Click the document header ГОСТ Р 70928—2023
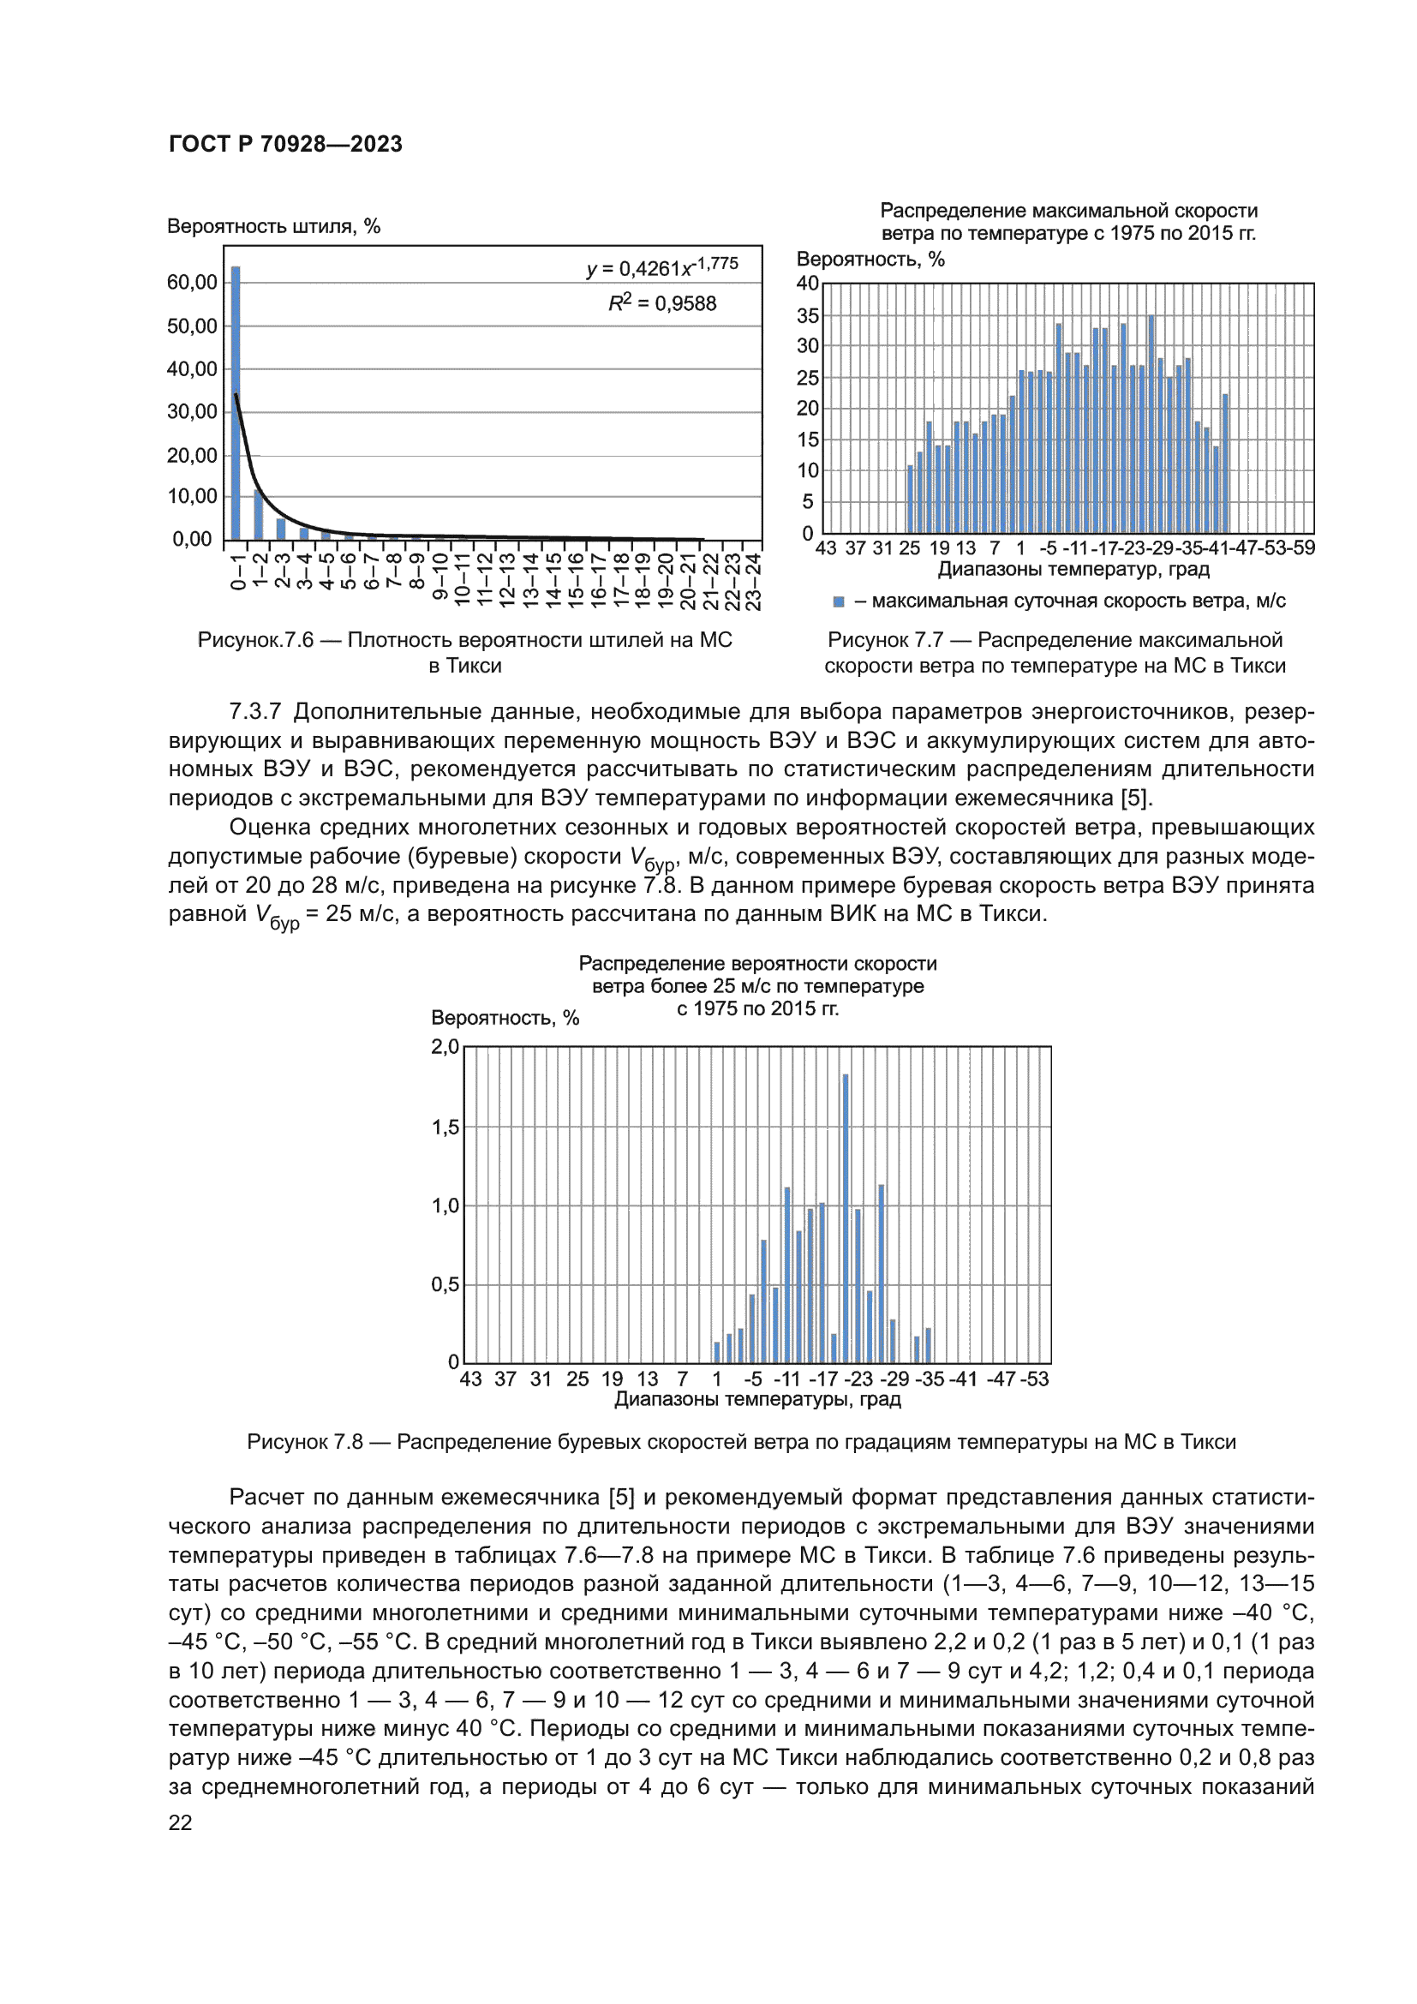(x=285, y=144)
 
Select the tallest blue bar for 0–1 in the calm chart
(x=236, y=402)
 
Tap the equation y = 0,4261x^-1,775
(x=662, y=267)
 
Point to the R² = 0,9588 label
(x=662, y=302)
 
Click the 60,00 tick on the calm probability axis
(x=192, y=282)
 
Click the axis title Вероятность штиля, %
(x=273, y=226)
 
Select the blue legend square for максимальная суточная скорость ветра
(x=839, y=601)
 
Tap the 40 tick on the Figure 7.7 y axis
(x=807, y=283)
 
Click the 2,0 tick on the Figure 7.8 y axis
(x=445, y=1046)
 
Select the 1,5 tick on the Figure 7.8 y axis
(x=445, y=1127)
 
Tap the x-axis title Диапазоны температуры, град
(x=757, y=1399)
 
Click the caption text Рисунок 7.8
(x=304, y=1442)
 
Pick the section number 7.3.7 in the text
(x=254, y=711)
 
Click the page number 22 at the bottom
(x=181, y=1822)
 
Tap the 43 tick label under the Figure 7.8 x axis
(x=470, y=1379)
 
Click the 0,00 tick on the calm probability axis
(x=192, y=540)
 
